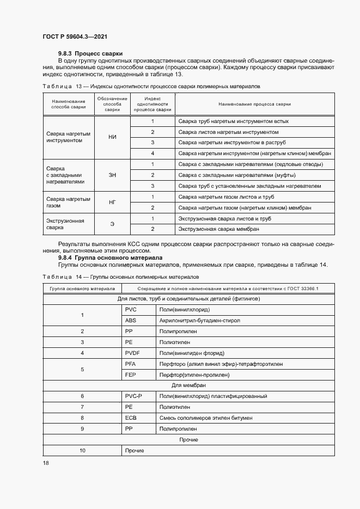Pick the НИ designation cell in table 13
point(113,137)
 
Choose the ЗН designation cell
point(113,175)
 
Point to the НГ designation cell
point(113,202)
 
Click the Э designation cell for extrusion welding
point(113,224)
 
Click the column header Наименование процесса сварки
point(254,104)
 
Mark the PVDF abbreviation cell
point(133,353)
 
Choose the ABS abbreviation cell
point(131,321)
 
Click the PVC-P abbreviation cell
point(133,396)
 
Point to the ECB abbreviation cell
point(131,418)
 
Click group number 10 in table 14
point(82,451)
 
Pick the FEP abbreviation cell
point(131,375)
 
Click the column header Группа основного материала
point(82,288)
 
